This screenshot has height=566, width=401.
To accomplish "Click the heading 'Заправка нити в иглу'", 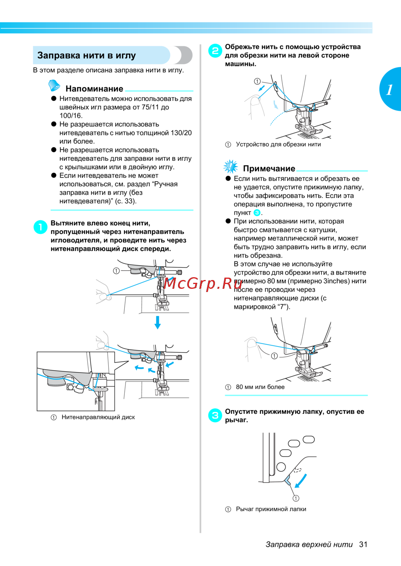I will tap(87, 55).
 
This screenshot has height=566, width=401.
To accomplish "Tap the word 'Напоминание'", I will tap(94, 89).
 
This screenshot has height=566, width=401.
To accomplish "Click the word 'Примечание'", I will tap(269, 169).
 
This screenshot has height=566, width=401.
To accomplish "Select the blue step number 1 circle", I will tap(40, 227).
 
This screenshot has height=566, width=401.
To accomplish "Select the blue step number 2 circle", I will tap(215, 51).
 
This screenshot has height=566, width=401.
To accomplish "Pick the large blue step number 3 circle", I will tap(215, 415).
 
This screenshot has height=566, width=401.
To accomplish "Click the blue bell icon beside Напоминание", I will tap(54, 85).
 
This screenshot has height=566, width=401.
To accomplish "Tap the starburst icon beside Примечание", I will tap(231, 166).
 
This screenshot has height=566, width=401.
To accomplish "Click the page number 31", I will tap(363, 544).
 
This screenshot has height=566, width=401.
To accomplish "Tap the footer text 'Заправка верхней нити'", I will tap(309, 544).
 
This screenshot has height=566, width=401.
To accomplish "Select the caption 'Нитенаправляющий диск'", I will tap(98, 417).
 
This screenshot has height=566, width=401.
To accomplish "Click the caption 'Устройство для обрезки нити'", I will tap(278, 145).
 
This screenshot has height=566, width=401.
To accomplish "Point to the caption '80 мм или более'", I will tap(260, 387).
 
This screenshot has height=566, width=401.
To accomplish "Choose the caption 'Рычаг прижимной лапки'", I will tap(271, 509).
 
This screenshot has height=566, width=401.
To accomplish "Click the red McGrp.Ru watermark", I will tap(203, 283).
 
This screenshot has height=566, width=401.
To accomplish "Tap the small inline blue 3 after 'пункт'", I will tap(257, 213).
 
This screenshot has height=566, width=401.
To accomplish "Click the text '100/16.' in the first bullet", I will tap(71, 116).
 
